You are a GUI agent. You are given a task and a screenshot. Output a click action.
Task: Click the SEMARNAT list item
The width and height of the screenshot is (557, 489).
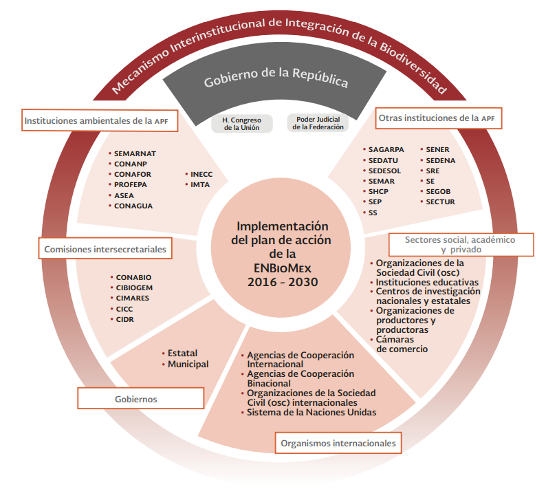135,153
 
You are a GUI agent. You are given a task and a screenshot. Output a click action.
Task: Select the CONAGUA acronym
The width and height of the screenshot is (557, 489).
133,206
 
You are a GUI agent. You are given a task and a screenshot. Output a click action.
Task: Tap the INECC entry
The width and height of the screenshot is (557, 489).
201,174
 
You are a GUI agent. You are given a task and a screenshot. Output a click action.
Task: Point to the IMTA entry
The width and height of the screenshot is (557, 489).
200,184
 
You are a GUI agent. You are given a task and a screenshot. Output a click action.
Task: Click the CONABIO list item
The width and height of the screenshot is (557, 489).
133,278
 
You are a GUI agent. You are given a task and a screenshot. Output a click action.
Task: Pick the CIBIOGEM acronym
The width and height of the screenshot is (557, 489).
136,288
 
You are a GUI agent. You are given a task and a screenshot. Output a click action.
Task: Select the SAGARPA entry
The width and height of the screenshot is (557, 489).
386,149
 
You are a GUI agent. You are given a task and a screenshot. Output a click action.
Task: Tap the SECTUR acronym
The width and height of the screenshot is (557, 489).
440,202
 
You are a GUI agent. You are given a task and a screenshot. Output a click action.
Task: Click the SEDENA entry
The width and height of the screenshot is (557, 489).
441,160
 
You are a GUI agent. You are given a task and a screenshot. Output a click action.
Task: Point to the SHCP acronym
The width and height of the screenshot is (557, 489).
380,191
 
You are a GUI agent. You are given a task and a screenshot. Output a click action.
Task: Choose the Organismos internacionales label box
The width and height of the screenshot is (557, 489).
338,444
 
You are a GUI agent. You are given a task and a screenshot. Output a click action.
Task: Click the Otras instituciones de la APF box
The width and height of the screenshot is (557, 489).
436,118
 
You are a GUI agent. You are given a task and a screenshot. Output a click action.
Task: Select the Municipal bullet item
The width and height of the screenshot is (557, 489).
188,364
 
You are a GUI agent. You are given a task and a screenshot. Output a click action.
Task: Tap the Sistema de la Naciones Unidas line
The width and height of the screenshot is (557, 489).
312,412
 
